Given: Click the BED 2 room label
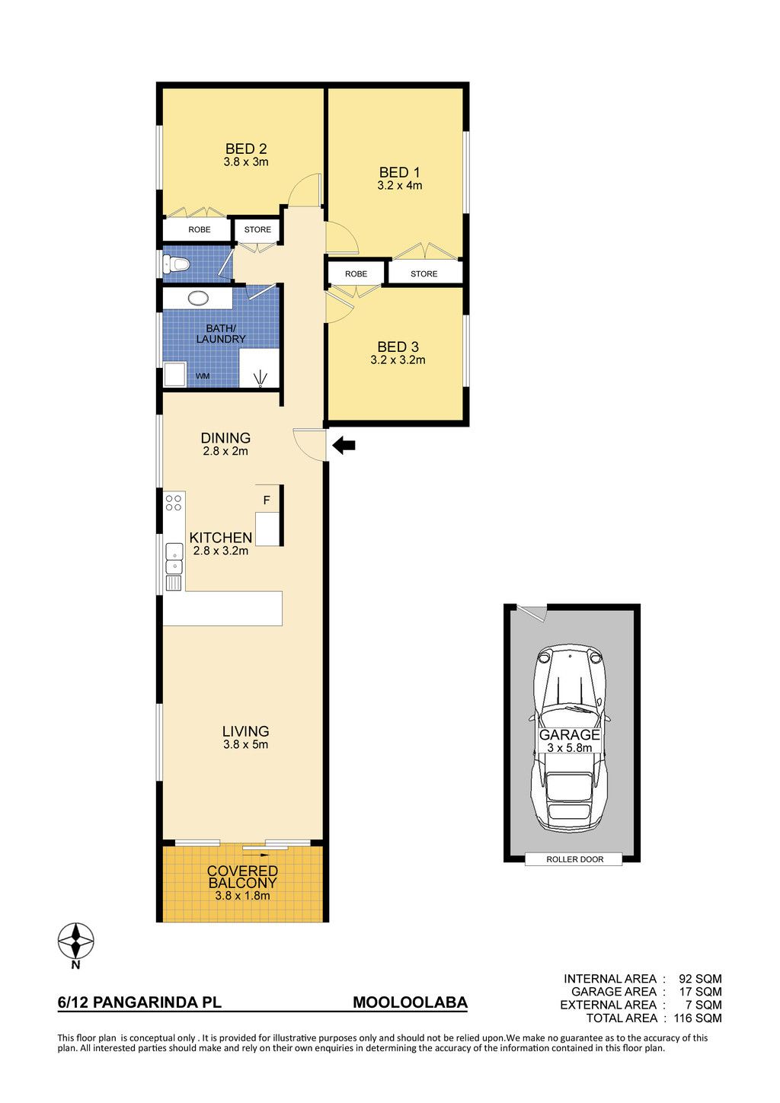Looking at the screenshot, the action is pyautogui.click(x=246, y=149).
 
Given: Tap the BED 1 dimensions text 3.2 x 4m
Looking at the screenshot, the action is pyautogui.click(x=399, y=186).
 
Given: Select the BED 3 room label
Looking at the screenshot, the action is pyautogui.click(x=398, y=347).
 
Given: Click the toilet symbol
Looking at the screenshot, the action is pyautogui.click(x=176, y=264).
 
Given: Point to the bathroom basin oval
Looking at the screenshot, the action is pyautogui.click(x=198, y=298).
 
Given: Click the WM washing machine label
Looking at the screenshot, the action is pyautogui.click(x=203, y=376).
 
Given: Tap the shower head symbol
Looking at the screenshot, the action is pyautogui.click(x=260, y=379).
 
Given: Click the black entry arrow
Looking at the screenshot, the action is pyautogui.click(x=344, y=446).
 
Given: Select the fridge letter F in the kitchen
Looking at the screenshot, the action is pyautogui.click(x=267, y=500).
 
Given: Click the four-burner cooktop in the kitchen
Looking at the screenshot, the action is pyautogui.click(x=174, y=503).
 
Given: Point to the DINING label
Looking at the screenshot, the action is pyautogui.click(x=225, y=438).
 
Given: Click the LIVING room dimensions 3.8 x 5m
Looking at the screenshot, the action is pyautogui.click(x=245, y=744).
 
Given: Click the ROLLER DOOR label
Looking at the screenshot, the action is pyautogui.click(x=574, y=859).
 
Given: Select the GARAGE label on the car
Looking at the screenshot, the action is pyautogui.click(x=570, y=735).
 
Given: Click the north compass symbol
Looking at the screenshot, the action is pyautogui.click(x=76, y=940).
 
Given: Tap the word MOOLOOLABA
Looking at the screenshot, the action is pyautogui.click(x=411, y=1002).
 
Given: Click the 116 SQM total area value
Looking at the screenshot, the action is pyautogui.click(x=698, y=1018).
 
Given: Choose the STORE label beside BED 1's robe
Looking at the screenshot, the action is pyautogui.click(x=424, y=273).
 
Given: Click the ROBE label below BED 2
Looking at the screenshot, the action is pyautogui.click(x=200, y=229).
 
